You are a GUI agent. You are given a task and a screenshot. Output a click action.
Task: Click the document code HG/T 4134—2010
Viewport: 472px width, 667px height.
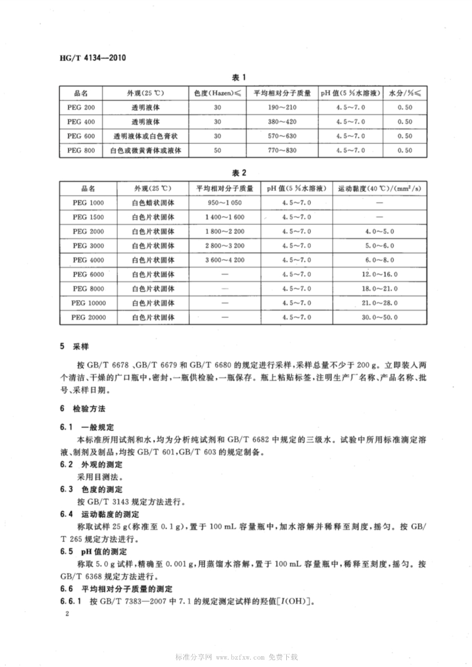click(x=93, y=58)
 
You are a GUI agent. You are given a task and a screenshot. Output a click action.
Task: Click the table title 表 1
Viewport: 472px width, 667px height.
click(x=238, y=78)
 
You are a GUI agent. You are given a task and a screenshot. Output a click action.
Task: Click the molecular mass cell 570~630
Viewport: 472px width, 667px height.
click(x=282, y=136)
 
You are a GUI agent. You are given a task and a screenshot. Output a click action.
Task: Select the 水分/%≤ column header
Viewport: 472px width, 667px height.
click(x=405, y=92)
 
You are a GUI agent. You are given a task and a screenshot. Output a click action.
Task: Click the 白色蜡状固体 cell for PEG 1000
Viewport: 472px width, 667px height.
click(x=153, y=203)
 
